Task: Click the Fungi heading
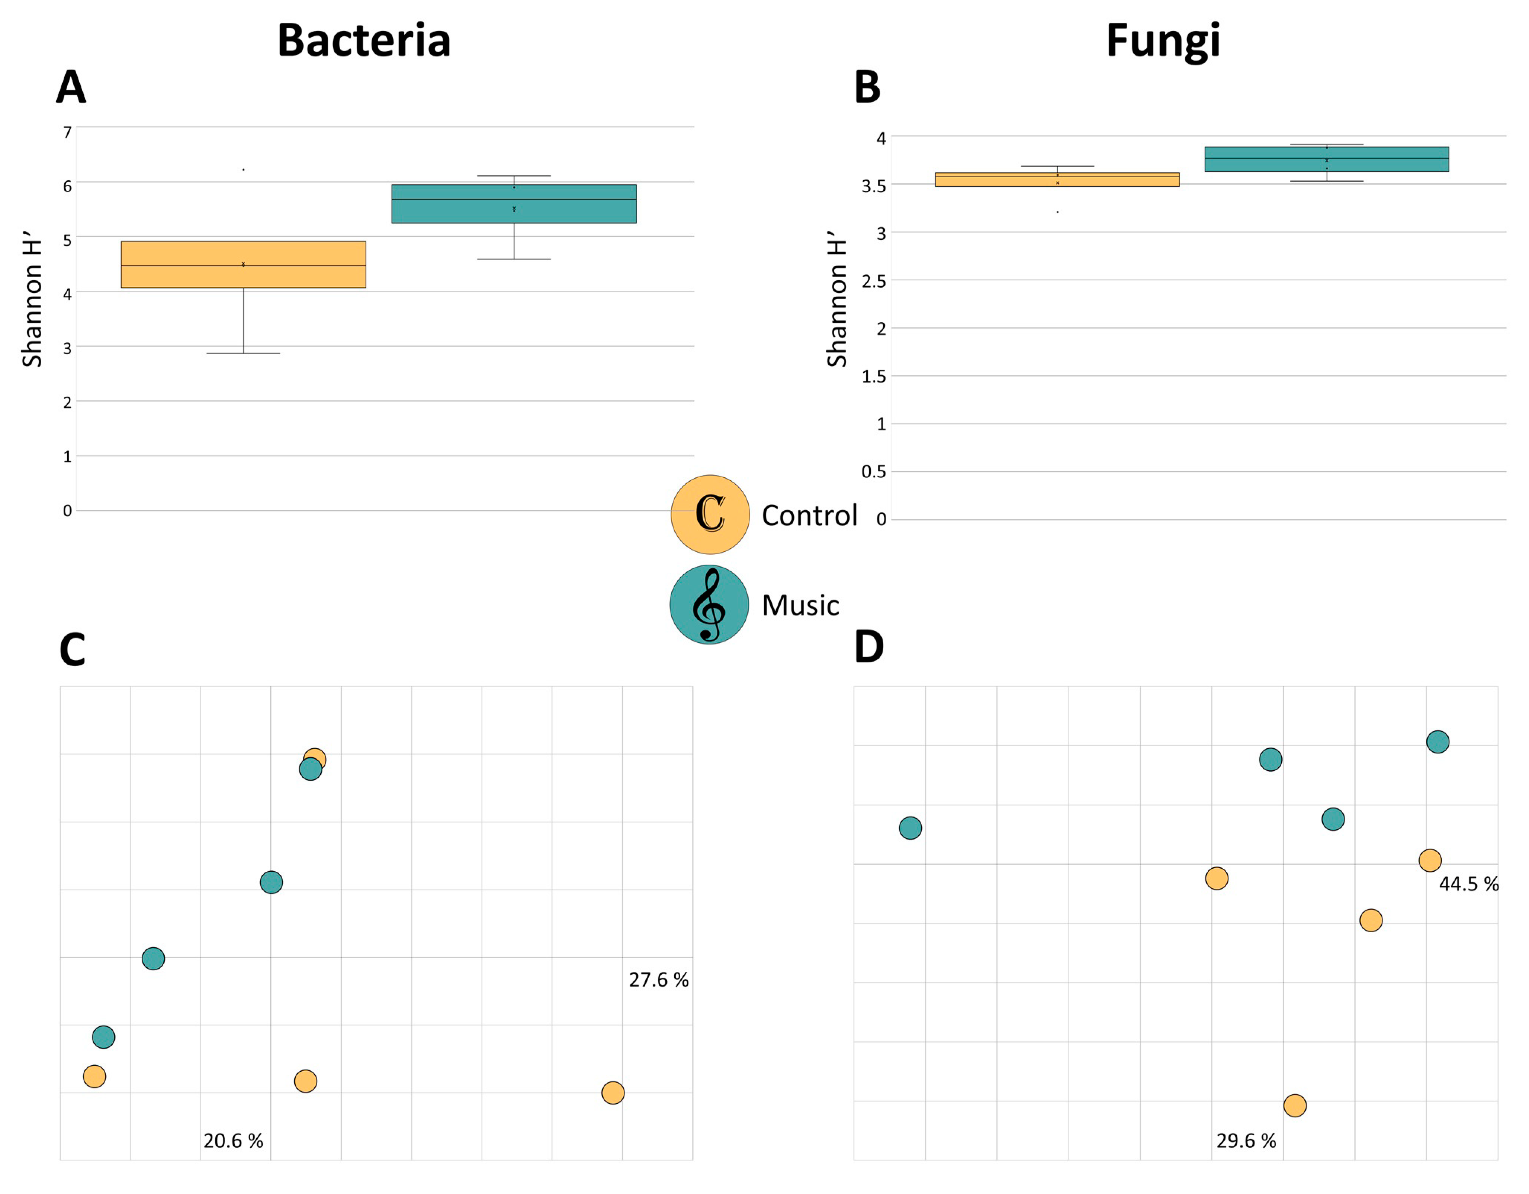click(x=1163, y=41)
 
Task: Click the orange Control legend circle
click(x=710, y=514)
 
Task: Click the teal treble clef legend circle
click(x=709, y=605)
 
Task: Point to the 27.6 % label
click(x=658, y=980)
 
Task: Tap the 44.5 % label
click(x=1468, y=884)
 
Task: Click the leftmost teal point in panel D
click(x=910, y=828)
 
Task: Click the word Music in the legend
click(x=800, y=606)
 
